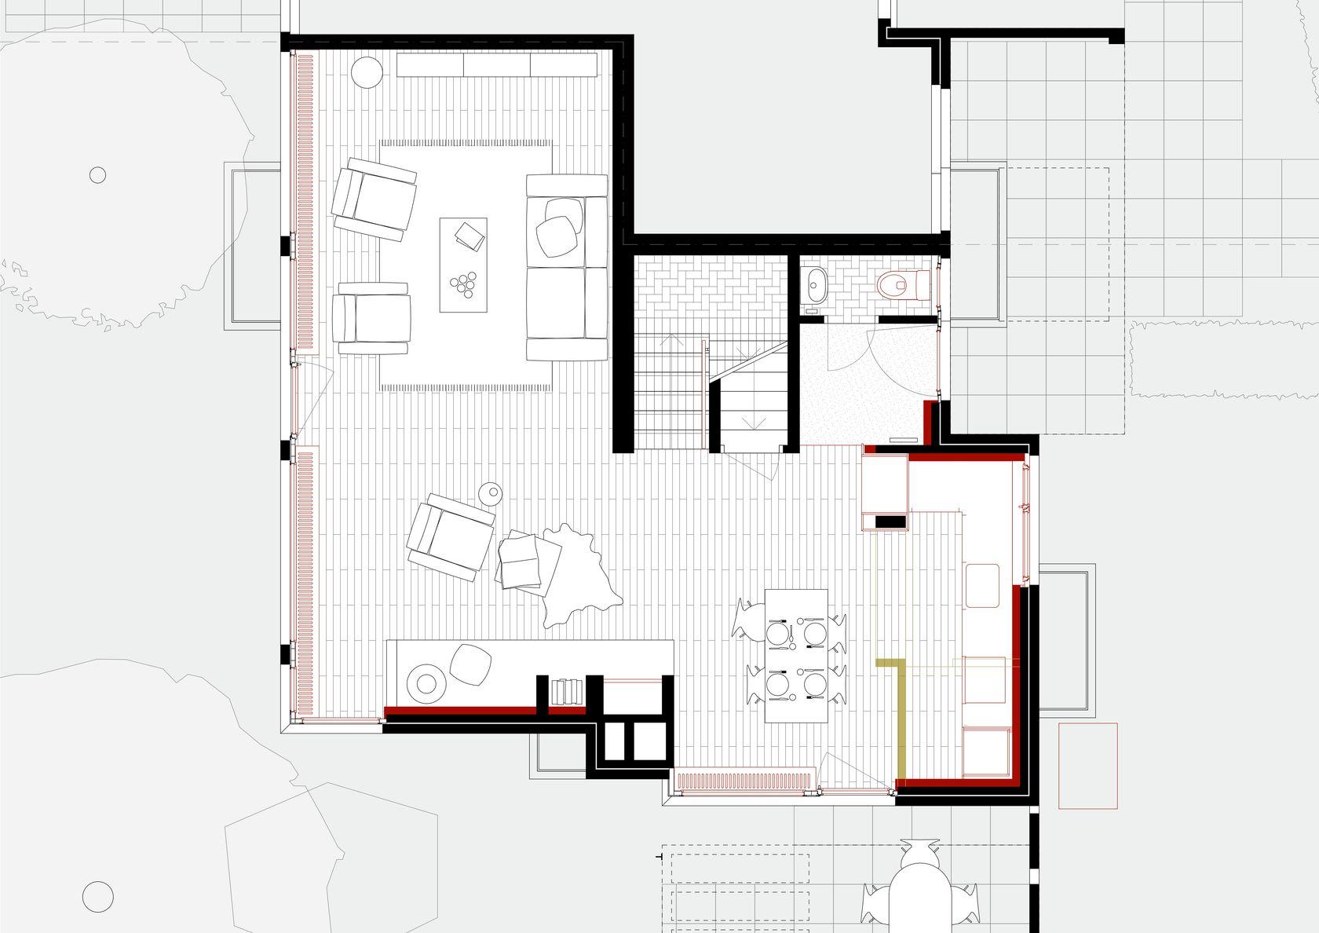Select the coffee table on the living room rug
click(463, 264)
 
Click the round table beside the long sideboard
click(366, 72)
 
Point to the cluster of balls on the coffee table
click(463, 283)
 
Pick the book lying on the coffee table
click(471, 235)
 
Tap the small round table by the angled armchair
click(491, 493)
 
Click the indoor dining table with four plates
click(796, 656)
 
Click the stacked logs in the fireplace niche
click(565, 691)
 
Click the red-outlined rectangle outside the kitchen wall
click(1087, 766)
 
